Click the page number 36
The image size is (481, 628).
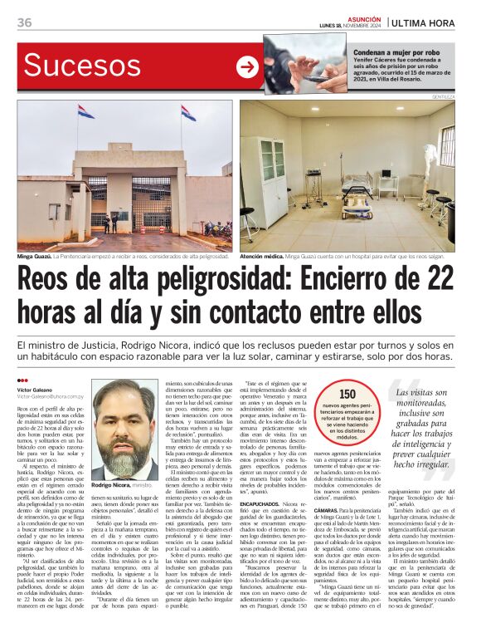point(24,22)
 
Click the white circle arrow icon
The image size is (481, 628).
point(247,67)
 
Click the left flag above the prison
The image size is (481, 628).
point(85,111)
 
